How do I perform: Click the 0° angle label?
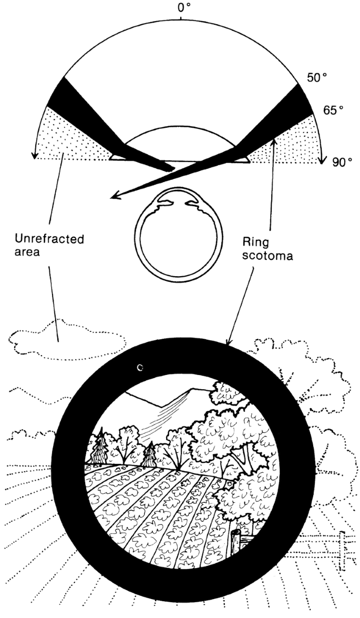[181, 8]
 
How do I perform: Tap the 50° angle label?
[317, 78]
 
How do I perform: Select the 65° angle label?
[333, 109]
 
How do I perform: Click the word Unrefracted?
[49, 239]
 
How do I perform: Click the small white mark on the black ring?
[139, 368]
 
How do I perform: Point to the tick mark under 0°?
[181, 18]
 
